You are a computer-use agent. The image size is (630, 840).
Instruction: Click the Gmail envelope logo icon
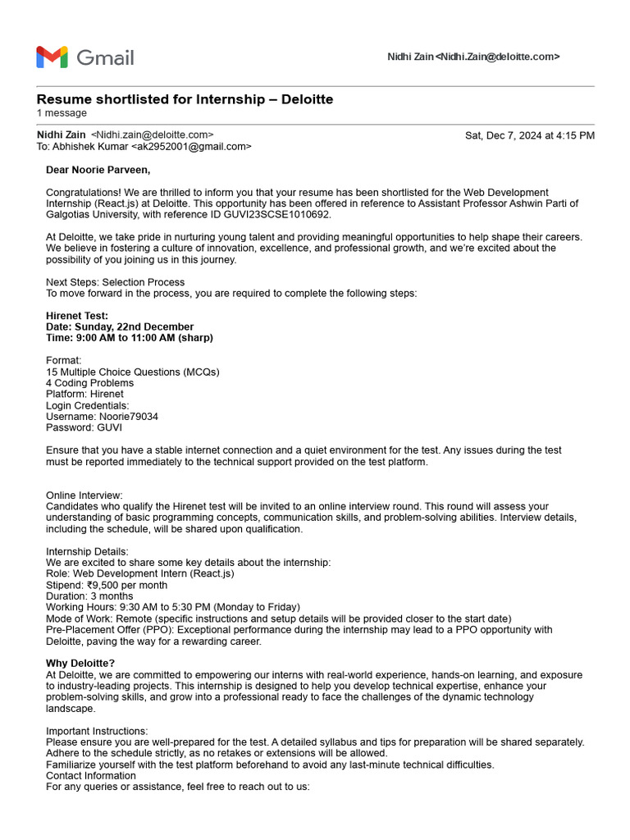[52, 57]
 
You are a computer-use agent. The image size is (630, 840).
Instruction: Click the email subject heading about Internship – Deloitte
[185, 99]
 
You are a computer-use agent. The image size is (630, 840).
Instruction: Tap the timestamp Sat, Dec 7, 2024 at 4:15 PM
[529, 135]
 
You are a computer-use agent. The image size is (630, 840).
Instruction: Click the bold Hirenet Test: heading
[77, 316]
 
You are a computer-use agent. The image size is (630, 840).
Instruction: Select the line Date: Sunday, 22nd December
[120, 326]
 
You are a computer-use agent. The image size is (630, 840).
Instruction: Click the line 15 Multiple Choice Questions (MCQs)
[132, 372]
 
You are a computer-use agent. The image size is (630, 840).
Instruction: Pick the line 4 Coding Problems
[89, 383]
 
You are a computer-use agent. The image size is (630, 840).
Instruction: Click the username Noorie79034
[127, 417]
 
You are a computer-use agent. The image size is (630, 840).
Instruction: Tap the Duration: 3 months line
[89, 596]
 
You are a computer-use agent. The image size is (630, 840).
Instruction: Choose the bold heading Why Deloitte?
[80, 663]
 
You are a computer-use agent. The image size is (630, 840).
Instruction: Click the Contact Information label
[91, 775]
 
